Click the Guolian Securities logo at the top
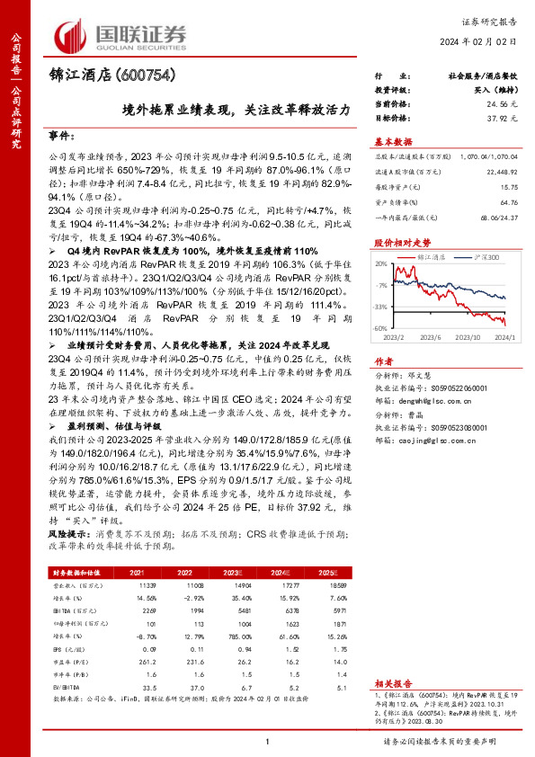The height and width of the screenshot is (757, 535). pyautogui.click(x=121, y=34)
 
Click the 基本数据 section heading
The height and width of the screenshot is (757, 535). pyautogui.click(x=392, y=141)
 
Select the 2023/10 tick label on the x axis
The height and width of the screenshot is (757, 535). pyautogui.click(x=470, y=337)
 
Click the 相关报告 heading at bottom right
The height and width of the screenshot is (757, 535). pyautogui.click(x=393, y=684)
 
